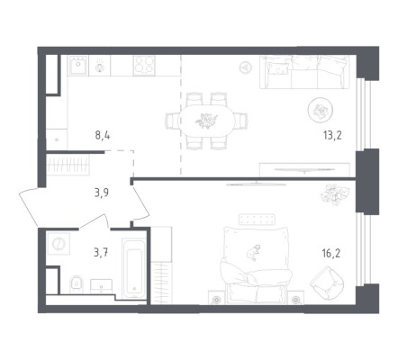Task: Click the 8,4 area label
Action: tap(103, 136)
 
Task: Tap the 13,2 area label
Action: tap(332, 136)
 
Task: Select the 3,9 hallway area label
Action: tap(102, 193)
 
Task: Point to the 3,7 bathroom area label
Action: tap(101, 253)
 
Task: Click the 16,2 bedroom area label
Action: tap(331, 254)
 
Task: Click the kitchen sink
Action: tap(78, 66)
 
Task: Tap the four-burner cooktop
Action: tap(144, 65)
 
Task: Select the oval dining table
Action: tap(207, 121)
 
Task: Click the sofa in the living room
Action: tap(304, 72)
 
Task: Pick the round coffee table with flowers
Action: tap(321, 110)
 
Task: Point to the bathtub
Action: tap(134, 268)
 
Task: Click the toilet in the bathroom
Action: tap(76, 284)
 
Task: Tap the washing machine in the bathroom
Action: tap(59, 244)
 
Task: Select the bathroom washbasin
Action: tap(102, 286)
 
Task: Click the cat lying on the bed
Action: tap(254, 252)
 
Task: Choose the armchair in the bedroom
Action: tap(327, 283)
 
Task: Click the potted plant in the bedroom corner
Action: tap(335, 194)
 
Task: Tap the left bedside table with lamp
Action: tap(216, 298)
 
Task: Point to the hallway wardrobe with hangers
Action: tap(68, 165)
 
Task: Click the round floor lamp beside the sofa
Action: tap(246, 67)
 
